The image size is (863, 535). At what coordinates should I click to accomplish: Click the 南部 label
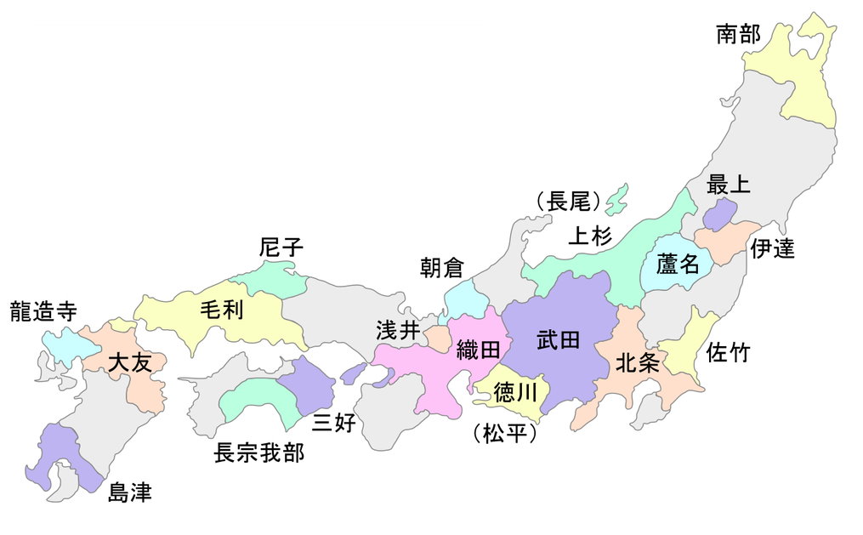[738, 35]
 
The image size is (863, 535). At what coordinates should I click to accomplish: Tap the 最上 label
[729, 185]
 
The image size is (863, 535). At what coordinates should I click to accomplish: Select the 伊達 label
[772, 248]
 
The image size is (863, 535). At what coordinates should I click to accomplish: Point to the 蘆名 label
[678, 265]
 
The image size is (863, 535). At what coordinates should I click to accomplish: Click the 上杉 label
[589, 235]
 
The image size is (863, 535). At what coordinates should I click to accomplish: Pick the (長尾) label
[568, 202]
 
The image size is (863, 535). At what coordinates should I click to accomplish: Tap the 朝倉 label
[442, 267]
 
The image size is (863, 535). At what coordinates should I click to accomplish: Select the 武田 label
[559, 340]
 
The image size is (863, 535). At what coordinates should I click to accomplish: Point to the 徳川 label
[515, 393]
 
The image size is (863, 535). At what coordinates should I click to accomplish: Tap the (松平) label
[504, 435]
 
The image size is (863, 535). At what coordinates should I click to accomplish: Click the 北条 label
[637, 364]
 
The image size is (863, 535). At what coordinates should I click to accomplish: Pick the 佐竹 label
[729, 352]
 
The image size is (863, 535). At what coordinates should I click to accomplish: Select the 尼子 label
[281, 248]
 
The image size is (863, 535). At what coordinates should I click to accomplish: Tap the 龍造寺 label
[43, 311]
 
